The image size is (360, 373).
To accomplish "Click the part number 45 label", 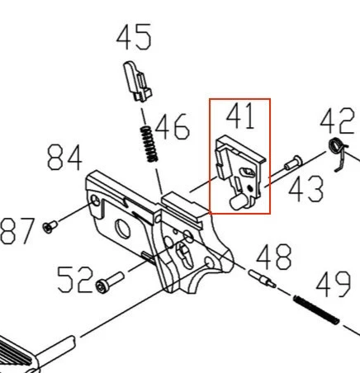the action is pos(134,37).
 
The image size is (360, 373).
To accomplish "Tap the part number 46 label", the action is pos(173,127).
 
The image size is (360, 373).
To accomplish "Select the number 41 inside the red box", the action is pos(240,116).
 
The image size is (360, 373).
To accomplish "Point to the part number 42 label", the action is pos(337,120).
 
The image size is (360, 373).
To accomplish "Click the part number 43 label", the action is pos(306,189).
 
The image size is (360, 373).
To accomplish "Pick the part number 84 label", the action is pos(65,158).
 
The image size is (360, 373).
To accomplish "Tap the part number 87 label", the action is pos(17,231).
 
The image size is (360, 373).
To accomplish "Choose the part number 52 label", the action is pos(74,280).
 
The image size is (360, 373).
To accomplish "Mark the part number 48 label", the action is pos(274,257).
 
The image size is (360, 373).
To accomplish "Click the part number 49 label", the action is pos(334,284).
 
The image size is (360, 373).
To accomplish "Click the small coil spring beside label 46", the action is pos(149,144).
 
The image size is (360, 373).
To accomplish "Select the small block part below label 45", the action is pos(137,82).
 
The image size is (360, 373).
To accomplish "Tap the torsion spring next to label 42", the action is pos(339,153).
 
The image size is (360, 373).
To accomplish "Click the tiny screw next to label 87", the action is pos(50,227).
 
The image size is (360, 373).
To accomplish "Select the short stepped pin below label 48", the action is pos(262,279).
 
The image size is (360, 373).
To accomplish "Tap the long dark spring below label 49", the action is pos(316,309).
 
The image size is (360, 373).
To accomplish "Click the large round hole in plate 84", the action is pos(122,228).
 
